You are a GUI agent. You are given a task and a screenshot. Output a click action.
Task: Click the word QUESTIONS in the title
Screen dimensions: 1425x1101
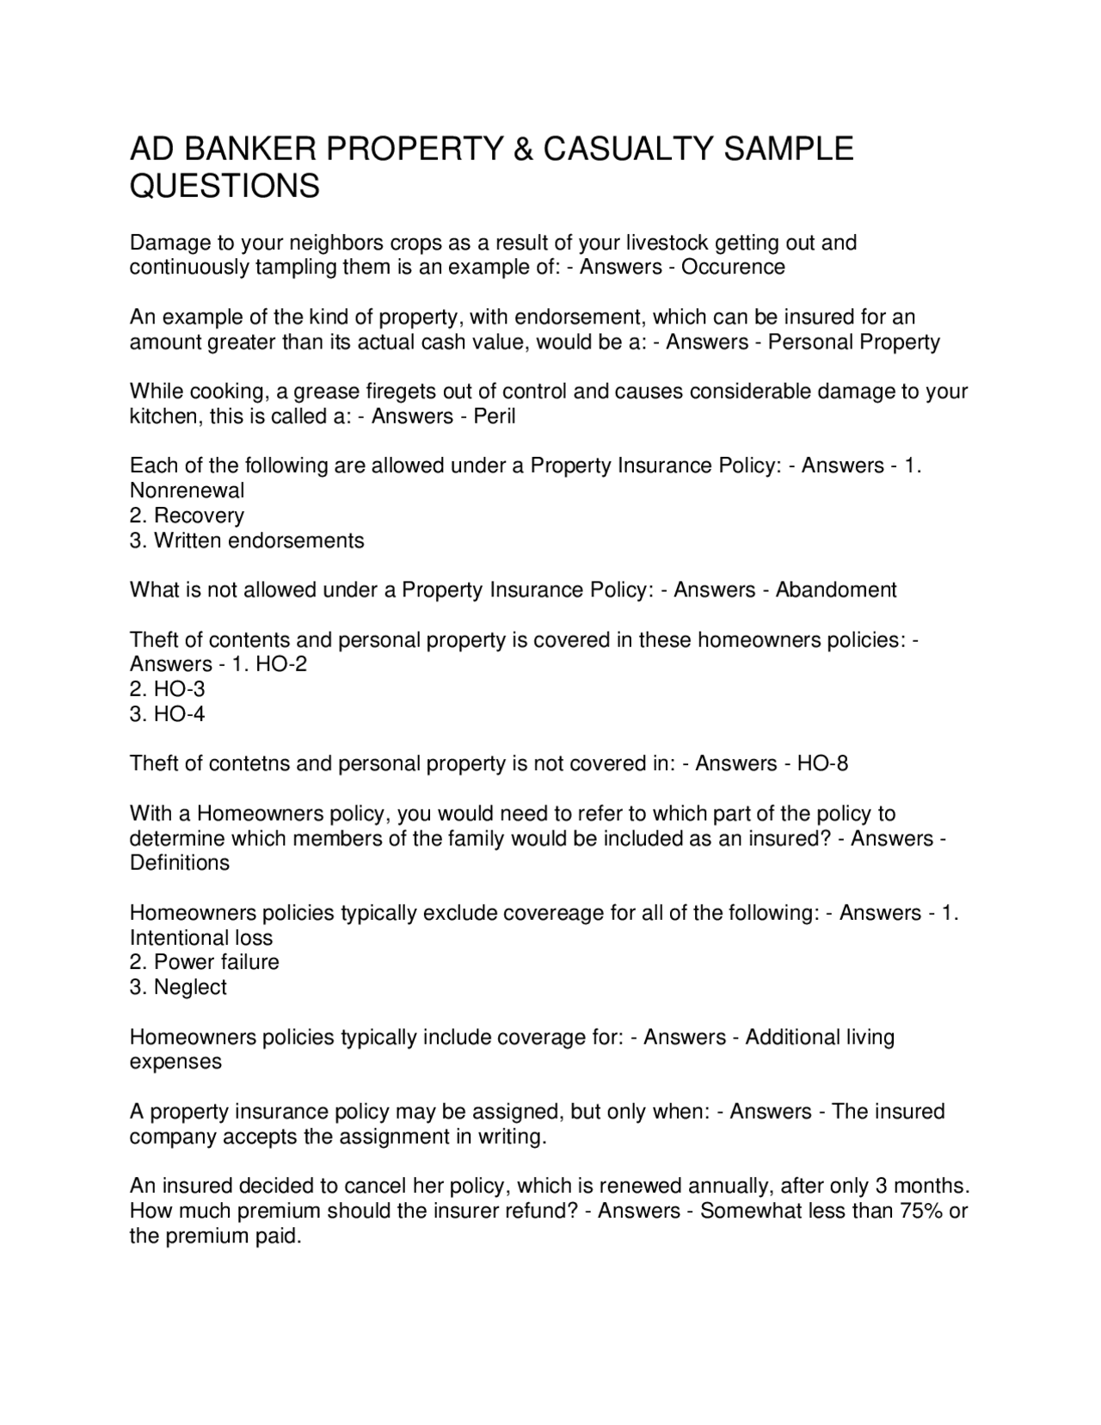coord(225,187)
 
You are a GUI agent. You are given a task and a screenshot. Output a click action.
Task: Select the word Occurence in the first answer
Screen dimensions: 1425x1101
coord(733,267)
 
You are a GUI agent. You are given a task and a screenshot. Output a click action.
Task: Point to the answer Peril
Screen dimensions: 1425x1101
coord(495,416)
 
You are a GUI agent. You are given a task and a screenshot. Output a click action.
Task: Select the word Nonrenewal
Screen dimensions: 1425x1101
coord(187,490)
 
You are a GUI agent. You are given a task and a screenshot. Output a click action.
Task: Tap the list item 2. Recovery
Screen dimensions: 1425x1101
coord(187,515)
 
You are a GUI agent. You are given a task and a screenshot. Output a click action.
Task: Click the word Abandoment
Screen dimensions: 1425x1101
coord(835,590)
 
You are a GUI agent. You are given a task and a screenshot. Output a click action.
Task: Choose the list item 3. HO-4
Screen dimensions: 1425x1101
coord(167,714)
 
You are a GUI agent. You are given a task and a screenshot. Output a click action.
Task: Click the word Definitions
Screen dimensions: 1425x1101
coord(179,863)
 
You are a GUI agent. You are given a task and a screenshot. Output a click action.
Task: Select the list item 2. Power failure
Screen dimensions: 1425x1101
coord(204,962)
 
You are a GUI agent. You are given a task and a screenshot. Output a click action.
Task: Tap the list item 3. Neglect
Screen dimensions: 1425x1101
coord(178,987)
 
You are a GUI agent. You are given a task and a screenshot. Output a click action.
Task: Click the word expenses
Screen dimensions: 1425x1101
coord(175,1062)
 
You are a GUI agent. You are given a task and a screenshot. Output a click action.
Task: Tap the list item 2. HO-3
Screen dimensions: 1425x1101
coord(167,689)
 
